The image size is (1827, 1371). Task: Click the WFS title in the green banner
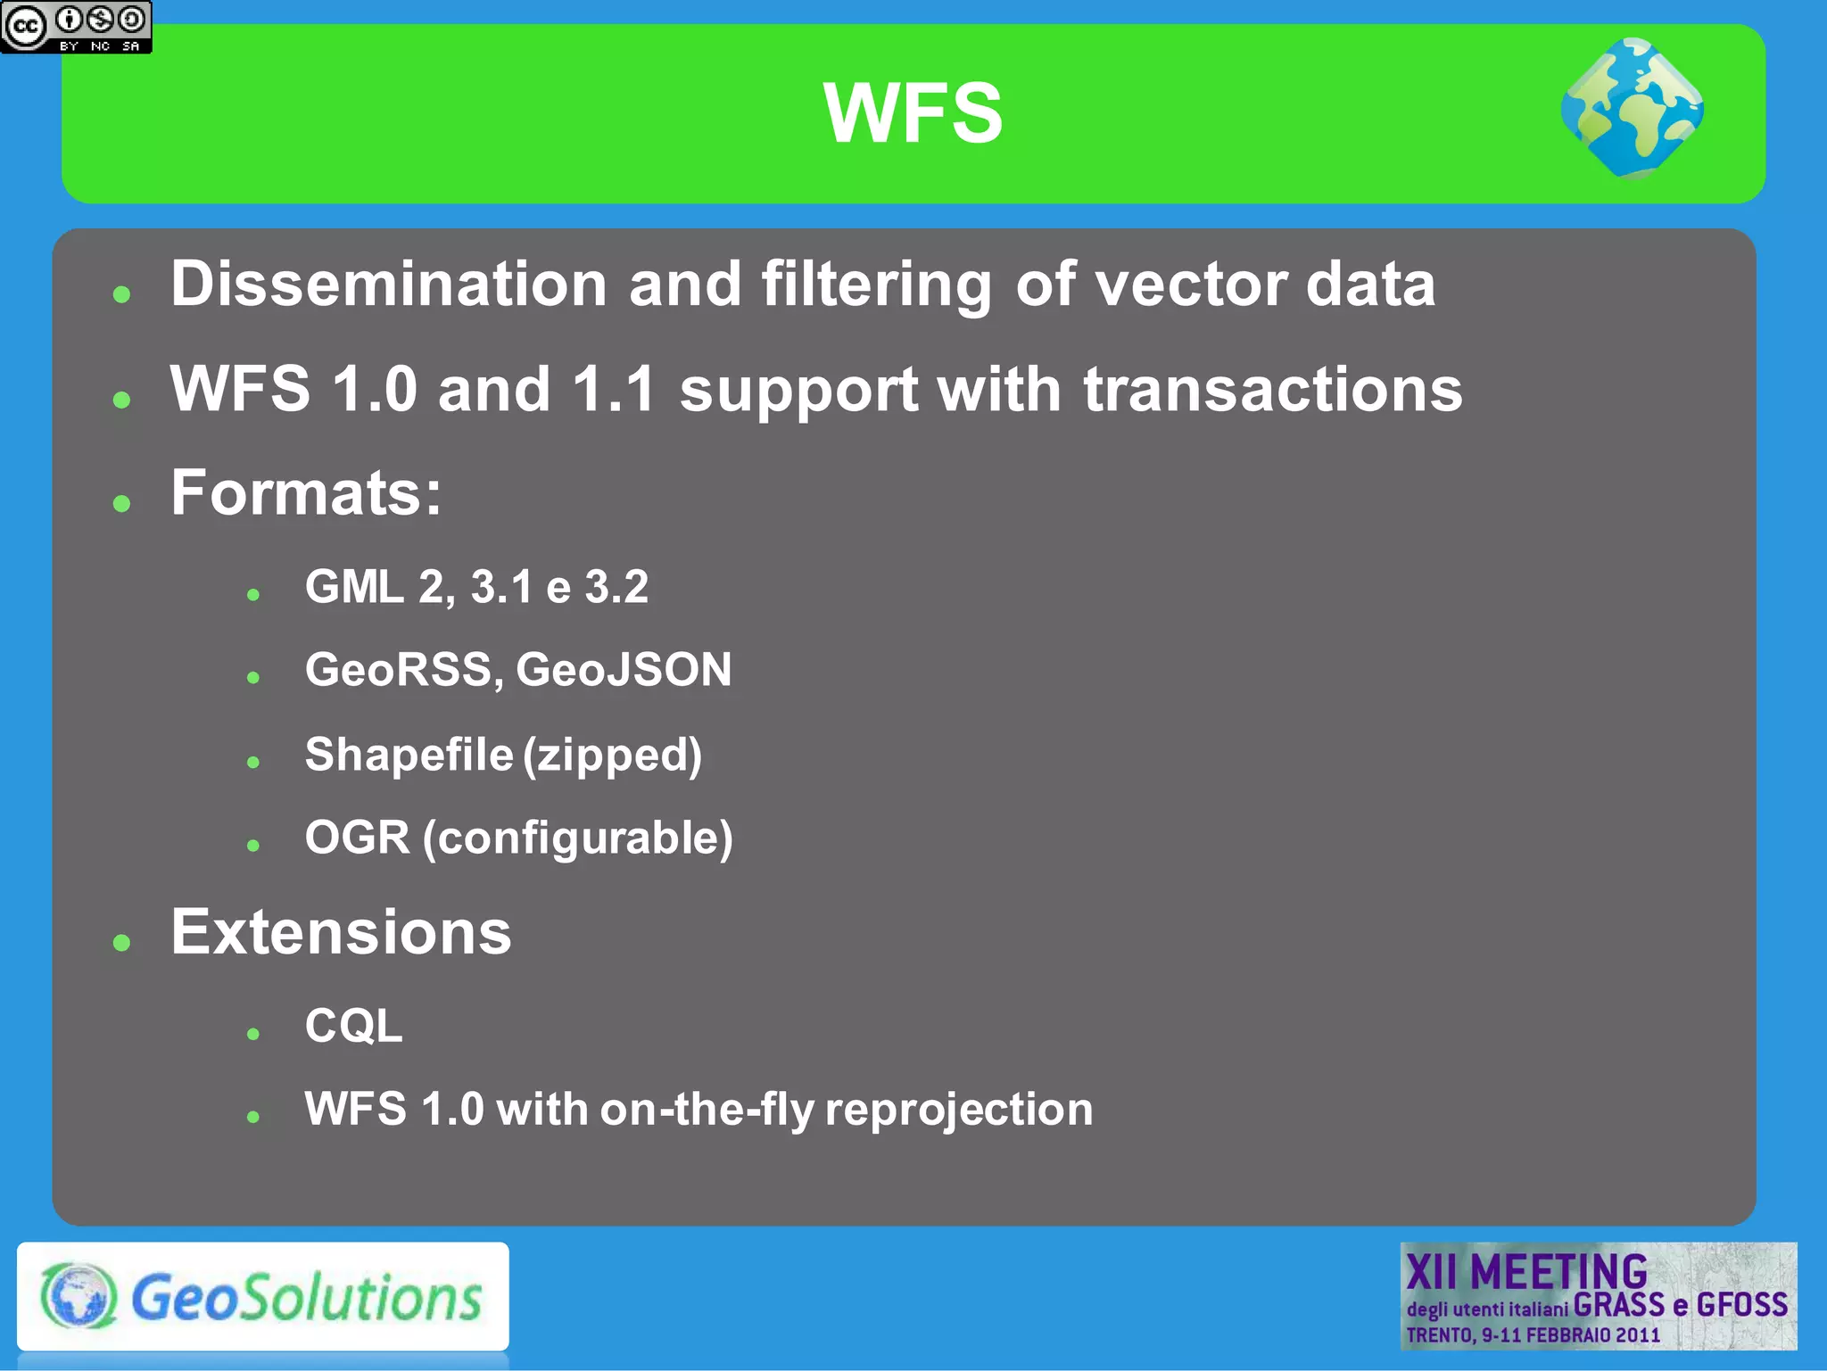[913, 113]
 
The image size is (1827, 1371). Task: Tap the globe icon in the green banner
[1632, 108]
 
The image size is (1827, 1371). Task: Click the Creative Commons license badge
[76, 27]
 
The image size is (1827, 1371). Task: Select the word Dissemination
[389, 285]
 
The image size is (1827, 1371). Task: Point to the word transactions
[1272, 390]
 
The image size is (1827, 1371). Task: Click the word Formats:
[306, 492]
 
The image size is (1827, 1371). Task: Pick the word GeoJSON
[624, 670]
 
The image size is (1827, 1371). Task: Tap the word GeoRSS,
[404, 670]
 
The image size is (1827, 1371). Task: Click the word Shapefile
[409, 755]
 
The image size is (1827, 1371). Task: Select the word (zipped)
[613, 756]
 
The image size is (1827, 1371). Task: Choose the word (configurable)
[578, 838]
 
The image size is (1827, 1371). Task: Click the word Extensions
[341, 933]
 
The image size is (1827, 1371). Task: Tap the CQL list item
[353, 1026]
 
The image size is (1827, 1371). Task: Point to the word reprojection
[959, 1110]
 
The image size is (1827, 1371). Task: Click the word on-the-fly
[707, 1110]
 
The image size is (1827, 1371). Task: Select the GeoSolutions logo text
[306, 1297]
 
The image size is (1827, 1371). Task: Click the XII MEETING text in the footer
[1526, 1271]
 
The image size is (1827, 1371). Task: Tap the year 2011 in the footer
[1638, 1335]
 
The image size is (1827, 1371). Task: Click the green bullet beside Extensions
[122, 942]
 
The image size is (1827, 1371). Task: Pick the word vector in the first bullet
[1189, 285]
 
